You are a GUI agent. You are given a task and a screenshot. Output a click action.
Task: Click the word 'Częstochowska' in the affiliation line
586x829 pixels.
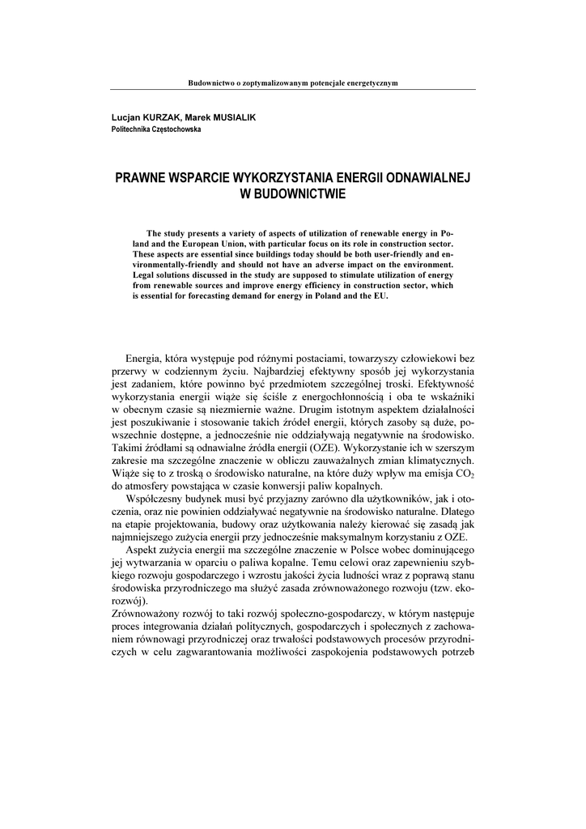point(174,130)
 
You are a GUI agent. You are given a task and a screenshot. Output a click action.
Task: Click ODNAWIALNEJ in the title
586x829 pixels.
point(423,177)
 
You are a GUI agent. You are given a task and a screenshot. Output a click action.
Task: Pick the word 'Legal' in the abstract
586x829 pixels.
point(145,275)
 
